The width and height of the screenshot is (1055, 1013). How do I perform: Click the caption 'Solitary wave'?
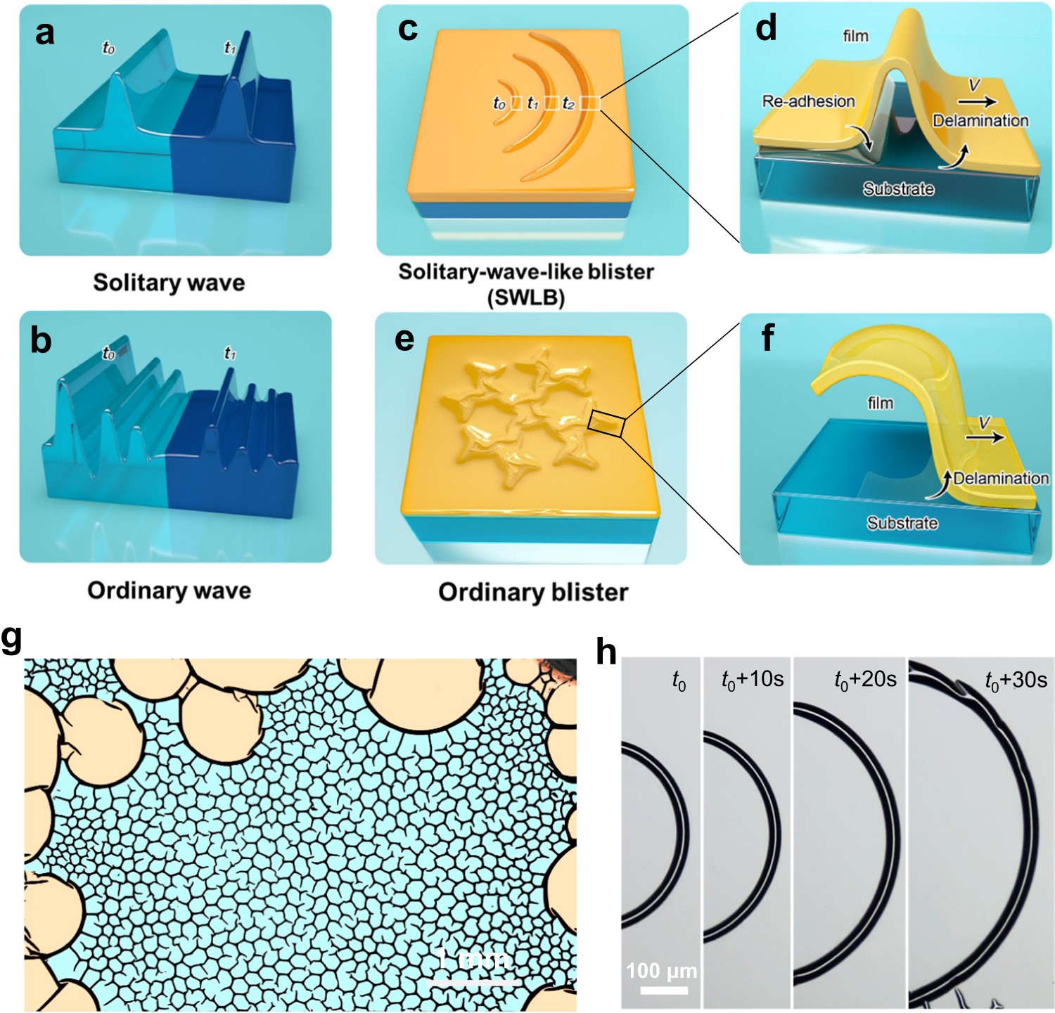pos(169,283)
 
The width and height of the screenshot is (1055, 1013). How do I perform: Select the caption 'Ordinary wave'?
pos(169,590)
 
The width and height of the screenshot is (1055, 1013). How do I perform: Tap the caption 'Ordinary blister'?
pos(533,592)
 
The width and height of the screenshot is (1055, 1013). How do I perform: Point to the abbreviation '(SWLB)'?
pos(526,298)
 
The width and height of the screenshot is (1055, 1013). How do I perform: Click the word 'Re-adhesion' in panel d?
pos(808,101)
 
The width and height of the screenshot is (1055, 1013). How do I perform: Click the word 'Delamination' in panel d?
pos(980,121)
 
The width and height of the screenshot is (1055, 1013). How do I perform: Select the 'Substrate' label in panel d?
pos(898,189)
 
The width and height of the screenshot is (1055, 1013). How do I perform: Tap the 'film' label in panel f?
pos(881,404)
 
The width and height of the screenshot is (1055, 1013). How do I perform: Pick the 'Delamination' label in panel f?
pos(1000,479)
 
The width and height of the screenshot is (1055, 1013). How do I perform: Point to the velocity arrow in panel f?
pos(985,437)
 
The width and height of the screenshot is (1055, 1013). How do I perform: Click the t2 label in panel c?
pos(569,104)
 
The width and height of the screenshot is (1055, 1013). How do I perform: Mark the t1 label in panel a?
pos(230,48)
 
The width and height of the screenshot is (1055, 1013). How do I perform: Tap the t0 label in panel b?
pos(108,354)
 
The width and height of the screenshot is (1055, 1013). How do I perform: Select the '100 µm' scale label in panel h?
pos(662,972)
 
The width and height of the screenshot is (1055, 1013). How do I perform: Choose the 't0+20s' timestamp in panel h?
pos(865,679)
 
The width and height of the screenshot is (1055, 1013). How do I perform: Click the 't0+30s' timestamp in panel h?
pos(1016,680)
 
